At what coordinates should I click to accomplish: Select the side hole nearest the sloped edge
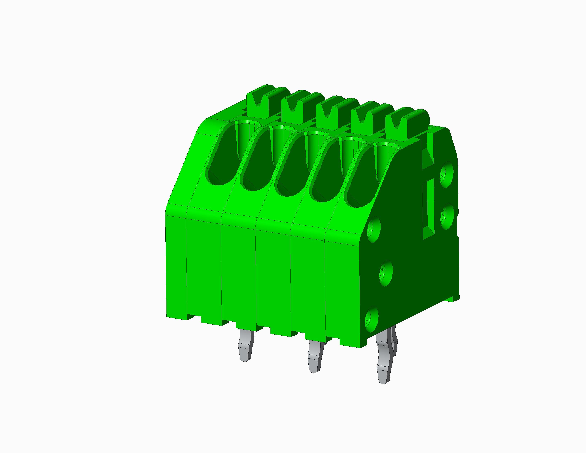[373, 230]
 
